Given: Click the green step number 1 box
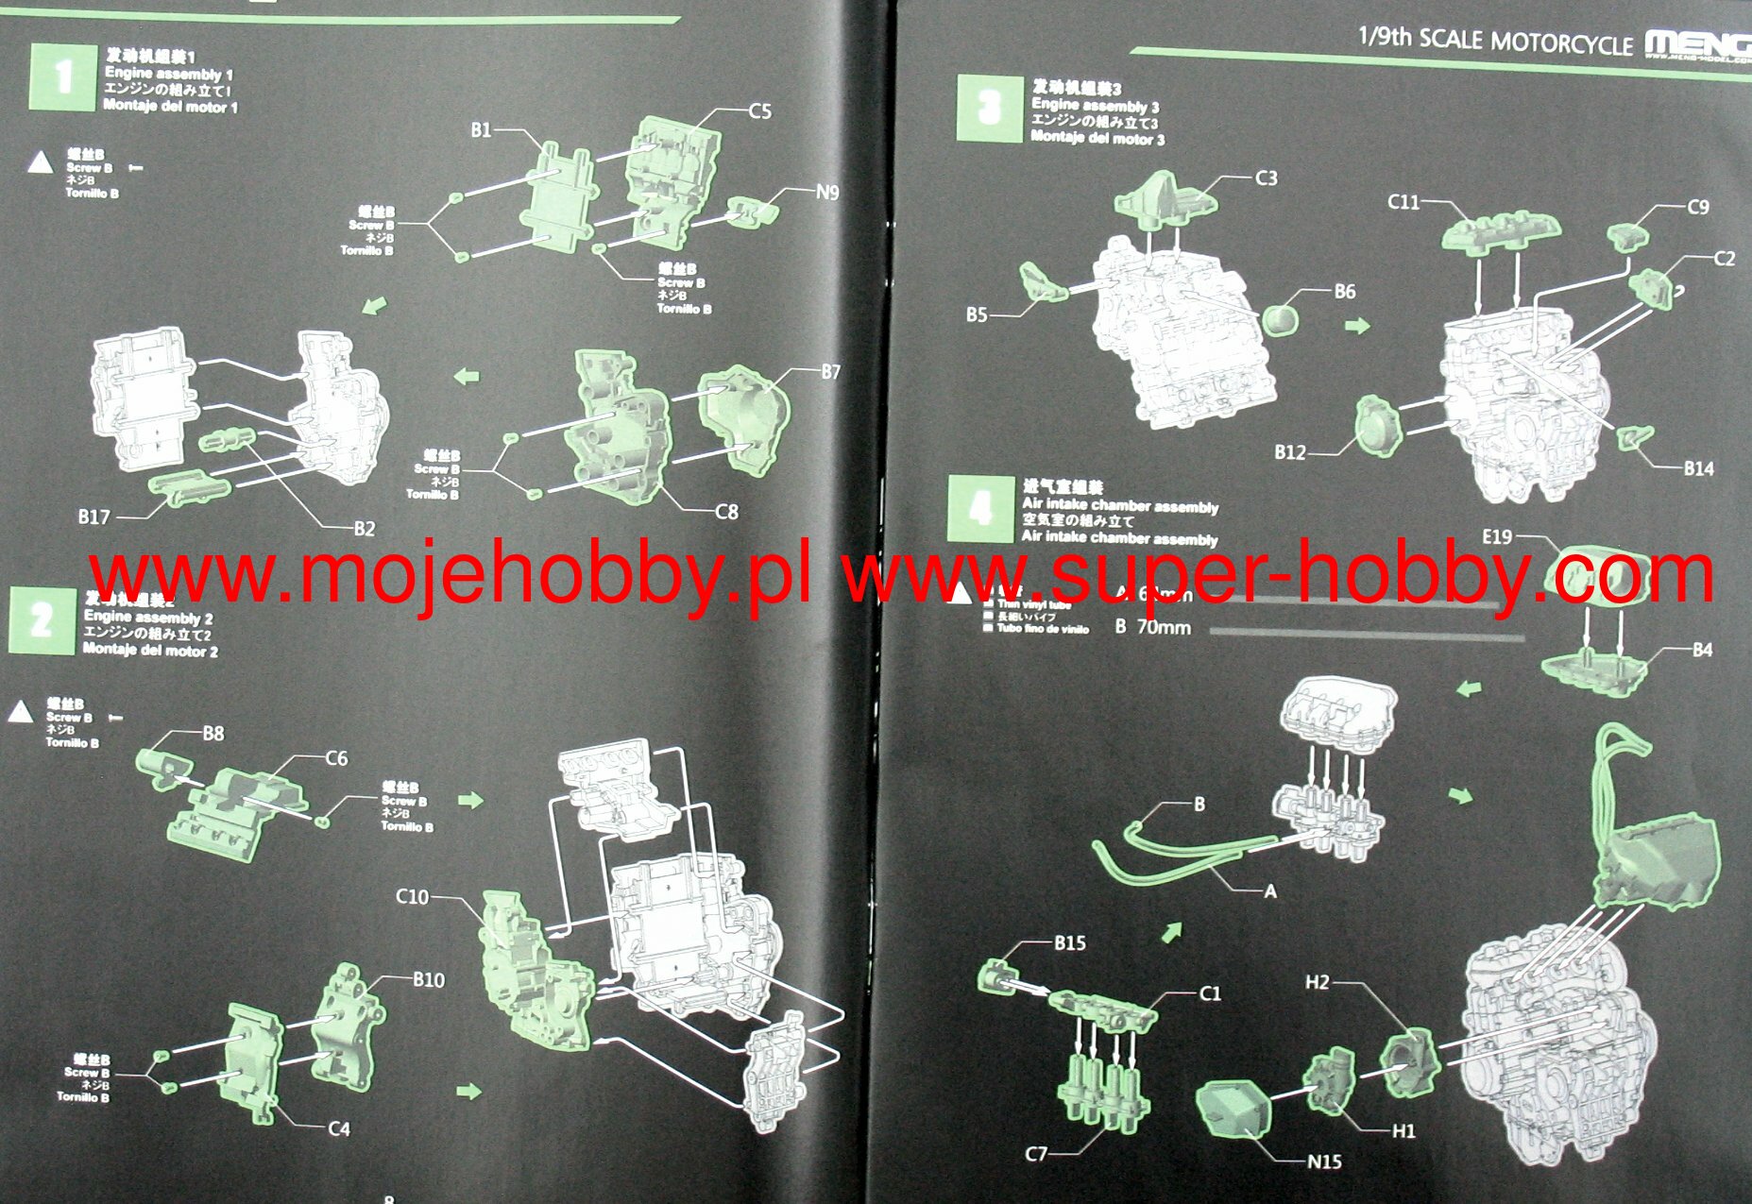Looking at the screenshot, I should (62, 77).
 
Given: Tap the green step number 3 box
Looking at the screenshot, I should (988, 109).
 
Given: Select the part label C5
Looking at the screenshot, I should (759, 111).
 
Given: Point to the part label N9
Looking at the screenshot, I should (826, 193).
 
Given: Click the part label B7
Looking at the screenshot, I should (829, 372).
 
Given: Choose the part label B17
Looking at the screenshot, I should (94, 517).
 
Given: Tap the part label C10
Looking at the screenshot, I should (412, 896).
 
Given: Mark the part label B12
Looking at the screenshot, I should (1289, 452).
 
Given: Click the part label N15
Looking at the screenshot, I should (1324, 1162).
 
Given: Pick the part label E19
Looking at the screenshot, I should (1497, 536).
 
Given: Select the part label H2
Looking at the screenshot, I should (1318, 982).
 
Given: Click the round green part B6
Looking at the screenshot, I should (1280, 317).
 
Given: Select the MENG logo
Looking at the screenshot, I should (1696, 43).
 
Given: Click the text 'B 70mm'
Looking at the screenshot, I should (1152, 627).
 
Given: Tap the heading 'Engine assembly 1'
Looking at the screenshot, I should (168, 74).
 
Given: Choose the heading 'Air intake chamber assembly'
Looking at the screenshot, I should (1120, 506).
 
